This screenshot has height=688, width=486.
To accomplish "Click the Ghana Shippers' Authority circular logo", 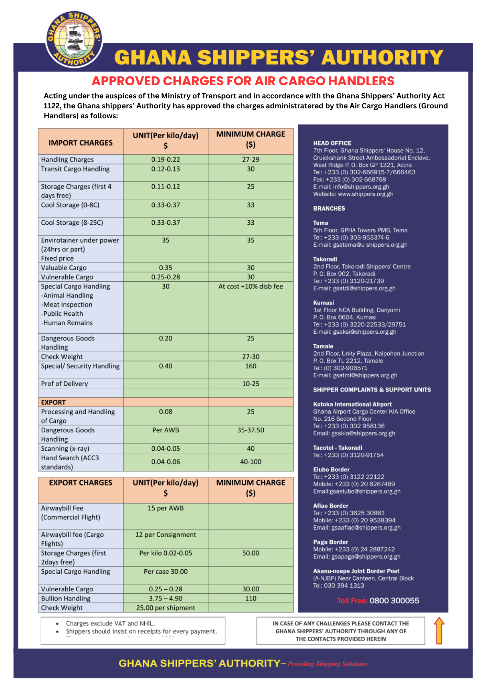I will pyautogui.click(x=74, y=39).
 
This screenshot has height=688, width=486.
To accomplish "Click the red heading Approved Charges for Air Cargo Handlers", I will pyautogui.click(x=243, y=81).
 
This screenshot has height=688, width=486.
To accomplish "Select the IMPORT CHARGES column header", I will pyautogui.click(x=80, y=143).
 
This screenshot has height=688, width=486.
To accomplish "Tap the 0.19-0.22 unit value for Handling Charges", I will pyautogui.click(x=166, y=160).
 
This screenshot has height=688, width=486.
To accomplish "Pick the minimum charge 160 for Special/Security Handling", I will pyautogui.click(x=251, y=366).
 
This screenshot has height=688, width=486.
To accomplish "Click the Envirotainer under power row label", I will pyautogui.click(x=80, y=240).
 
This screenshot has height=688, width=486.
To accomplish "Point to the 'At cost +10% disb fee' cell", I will pyautogui.click(x=251, y=286).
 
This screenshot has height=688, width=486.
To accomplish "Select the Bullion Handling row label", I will pyautogui.click(x=66, y=598).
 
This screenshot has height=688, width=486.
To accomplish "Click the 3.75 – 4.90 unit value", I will pyautogui.click(x=166, y=598).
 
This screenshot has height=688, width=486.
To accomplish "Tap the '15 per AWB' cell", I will pyautogui.click(x=166, y=508).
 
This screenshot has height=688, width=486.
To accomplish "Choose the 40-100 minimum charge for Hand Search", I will pyautogui.click(x=251, y=462).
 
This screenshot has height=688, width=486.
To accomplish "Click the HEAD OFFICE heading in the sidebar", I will pyautogui.click(x=332, y=143).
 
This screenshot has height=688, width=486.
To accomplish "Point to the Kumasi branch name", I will pyautogui.click(x=323, y=303).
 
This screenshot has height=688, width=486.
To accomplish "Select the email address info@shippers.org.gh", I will pyautogui.click(x=361, y=187).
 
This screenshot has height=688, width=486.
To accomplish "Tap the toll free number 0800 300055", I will pyautogui.click(x=394, y=601).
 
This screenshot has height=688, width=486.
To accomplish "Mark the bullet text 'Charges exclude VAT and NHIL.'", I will pyautogui.click(x=110, y=623).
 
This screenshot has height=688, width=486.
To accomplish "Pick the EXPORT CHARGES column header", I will pyautogui.click(x=80, y=483).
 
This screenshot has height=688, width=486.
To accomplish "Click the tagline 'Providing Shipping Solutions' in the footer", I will pyautogui.click(x=328, y=664).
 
